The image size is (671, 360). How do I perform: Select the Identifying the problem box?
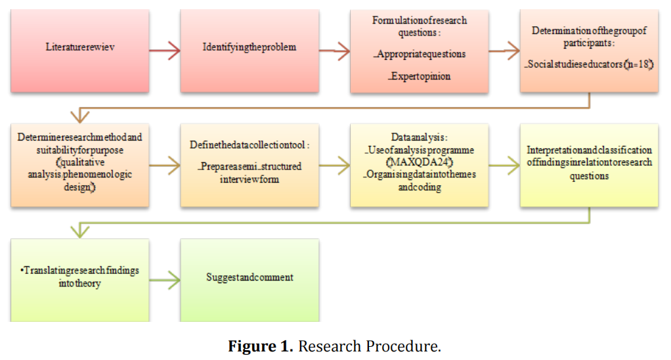pyautogui.click(x=249, y=47)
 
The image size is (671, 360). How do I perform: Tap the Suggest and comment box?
pyautogui.click(x=249, y=277)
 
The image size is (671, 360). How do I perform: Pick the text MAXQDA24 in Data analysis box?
pyautogui.click(x=420, y=162)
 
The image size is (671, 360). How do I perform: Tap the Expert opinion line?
pyautogui.click(x=420, y=76)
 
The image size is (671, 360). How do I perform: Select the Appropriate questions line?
pyautogui.click(x=420, y=54)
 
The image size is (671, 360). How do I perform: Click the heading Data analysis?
pyautogui.click(x=420, y=138)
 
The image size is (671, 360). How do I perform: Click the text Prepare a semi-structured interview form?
pyautogui.click(x=250, y=172)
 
